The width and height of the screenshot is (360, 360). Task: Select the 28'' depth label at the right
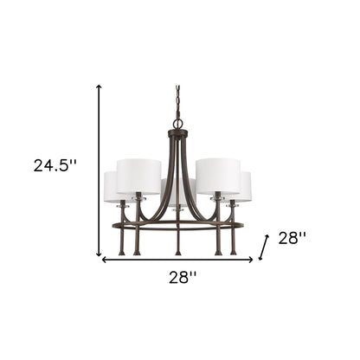[x=292, y=238]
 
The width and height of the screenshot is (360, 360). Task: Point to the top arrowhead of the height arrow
[x=100, y=87]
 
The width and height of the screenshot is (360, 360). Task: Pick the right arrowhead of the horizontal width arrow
[x=251, y=259]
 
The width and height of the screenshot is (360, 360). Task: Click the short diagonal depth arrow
[x=264, y=248]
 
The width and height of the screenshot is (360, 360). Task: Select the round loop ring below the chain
[x=179, y=124]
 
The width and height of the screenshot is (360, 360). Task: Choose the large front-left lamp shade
[x=138, y=177]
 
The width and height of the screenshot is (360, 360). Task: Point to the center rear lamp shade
[x=177, y=190]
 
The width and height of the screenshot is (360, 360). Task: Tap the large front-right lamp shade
[x=216, y=177]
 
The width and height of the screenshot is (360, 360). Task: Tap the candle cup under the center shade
[x=177, y=209]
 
